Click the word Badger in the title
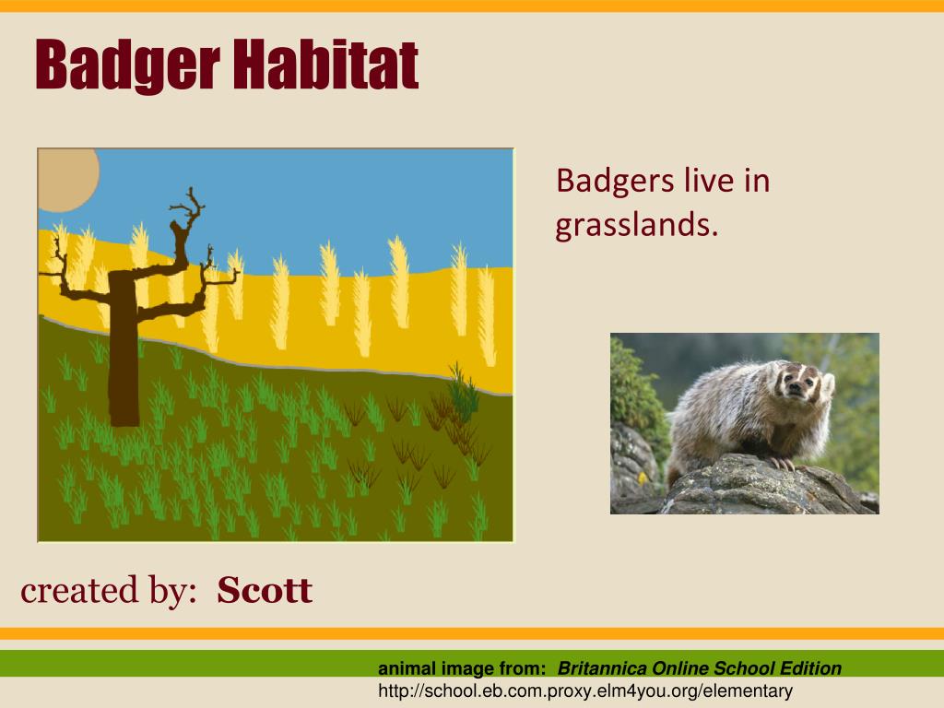click(x=127, y=65)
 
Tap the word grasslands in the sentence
click(x=637, y=226)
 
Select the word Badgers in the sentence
click(x=615, y=182)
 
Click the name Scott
click(x=265, y=590)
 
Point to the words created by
click(x=109, y=590)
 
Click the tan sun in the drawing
click(x=67, y=180)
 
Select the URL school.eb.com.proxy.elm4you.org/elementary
click(x=585, y=690)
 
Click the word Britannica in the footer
click(x=602, y=668)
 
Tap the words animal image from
click(x=462, y=668)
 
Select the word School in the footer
click(x=744, y=668)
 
